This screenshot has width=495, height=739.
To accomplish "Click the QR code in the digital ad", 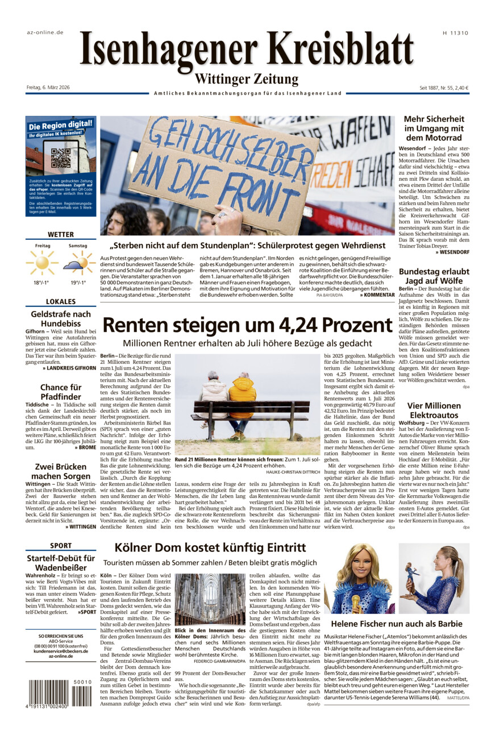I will pos(61,158).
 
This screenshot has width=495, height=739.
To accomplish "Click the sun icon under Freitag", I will pos(42,262).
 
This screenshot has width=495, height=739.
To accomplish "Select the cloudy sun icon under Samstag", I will pos(78,263).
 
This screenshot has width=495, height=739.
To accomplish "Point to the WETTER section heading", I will pos(61,234).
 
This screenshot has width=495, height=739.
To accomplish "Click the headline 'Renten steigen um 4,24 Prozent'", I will pos(247,325).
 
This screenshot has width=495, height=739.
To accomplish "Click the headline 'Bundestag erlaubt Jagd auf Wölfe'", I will pos(434,276).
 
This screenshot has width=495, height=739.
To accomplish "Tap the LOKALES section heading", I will pos(61,301).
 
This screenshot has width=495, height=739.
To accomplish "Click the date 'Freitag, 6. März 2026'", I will pos(48,88).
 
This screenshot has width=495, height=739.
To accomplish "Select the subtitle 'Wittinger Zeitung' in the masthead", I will pos(247,78).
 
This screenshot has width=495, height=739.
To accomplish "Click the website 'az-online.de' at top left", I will pos(45,32).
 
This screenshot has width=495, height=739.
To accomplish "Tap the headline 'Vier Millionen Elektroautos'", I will pos(434,410).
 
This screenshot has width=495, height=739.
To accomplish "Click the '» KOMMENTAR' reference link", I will pos(377,295).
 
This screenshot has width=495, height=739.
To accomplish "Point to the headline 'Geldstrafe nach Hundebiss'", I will pos(61,319).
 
